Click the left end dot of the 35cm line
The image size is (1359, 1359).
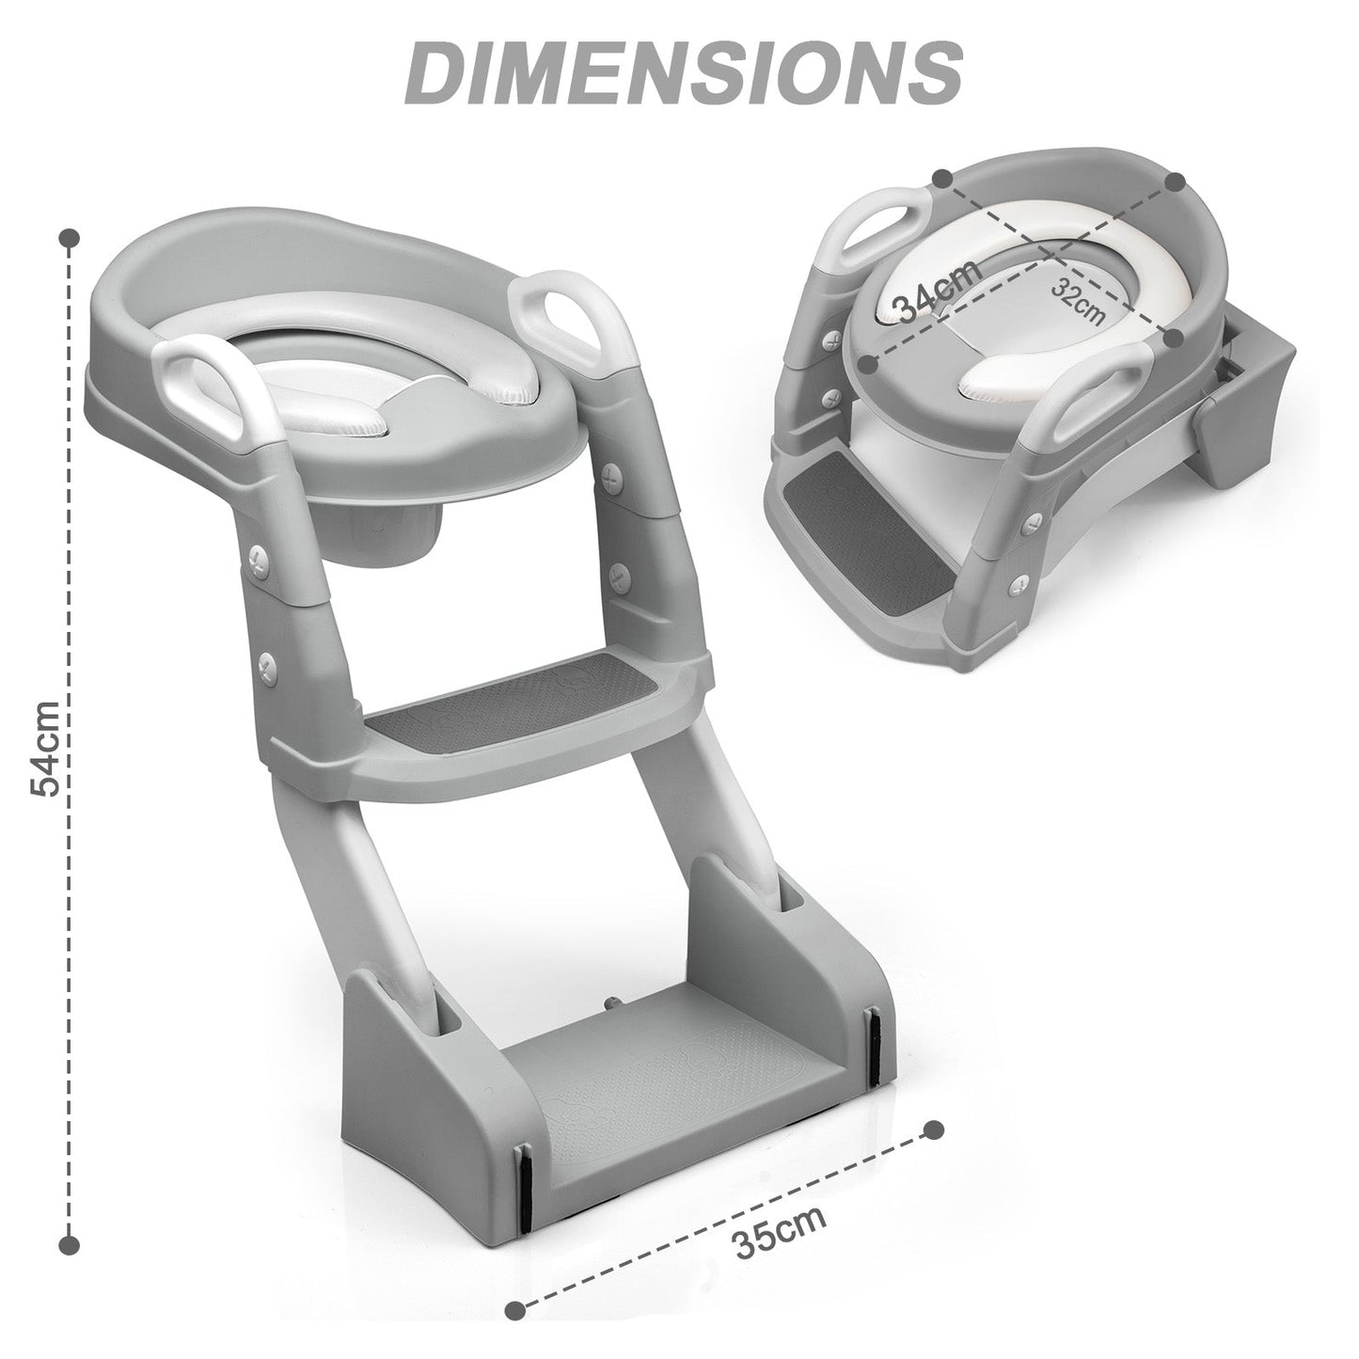pos(514,1309)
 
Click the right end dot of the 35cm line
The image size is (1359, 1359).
pos(933,1129)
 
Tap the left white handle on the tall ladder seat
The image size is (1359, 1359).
pos(199,386)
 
